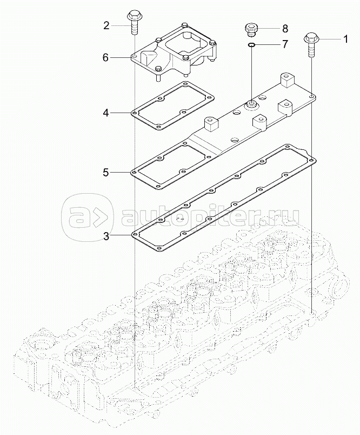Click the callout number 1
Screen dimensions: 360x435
tap(345, 39)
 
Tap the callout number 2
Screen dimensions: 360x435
tap(106, 26)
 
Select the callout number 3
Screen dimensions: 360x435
tap(106, 236)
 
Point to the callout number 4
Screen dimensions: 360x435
tap(106, 113)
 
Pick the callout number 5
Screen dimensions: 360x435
tap(106, 173)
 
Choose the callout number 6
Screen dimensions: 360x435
tap(105, 58)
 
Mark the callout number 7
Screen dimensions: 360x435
tap(285, 44)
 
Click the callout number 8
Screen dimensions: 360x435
tap(285, 28)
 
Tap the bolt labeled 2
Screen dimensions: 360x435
tap(134, 23)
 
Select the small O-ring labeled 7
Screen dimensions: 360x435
tap(251, 44)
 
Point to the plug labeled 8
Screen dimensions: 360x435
tap(251, 30)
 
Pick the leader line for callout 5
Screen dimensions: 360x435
tap(121, 173)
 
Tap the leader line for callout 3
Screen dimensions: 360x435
tap(121, 236)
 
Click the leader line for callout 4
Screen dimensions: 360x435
tap(121, 113)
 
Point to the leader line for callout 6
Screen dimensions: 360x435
tap(121, 58)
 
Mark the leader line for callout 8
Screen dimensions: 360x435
tap(269, 28)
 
